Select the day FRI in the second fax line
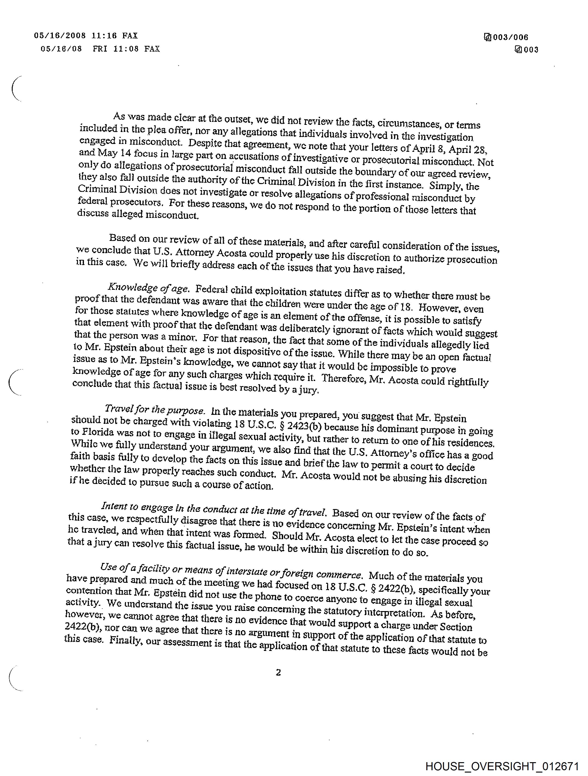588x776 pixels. (100, 49)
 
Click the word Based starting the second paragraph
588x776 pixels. (122, 238)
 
